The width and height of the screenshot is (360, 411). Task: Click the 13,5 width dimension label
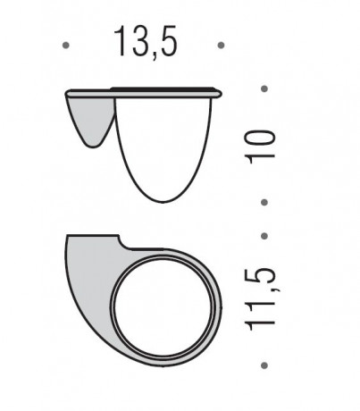146,43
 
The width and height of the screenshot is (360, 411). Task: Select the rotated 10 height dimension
260,147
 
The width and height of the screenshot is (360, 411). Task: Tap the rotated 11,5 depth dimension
260,298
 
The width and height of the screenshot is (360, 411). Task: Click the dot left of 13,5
66,46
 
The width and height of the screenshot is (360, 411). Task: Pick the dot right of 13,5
221,46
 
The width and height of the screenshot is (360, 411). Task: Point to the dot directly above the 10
264,88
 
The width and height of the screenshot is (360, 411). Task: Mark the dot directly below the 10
264,203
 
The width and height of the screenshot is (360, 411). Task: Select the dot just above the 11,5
264,236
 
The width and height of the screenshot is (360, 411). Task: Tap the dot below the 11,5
264,365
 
